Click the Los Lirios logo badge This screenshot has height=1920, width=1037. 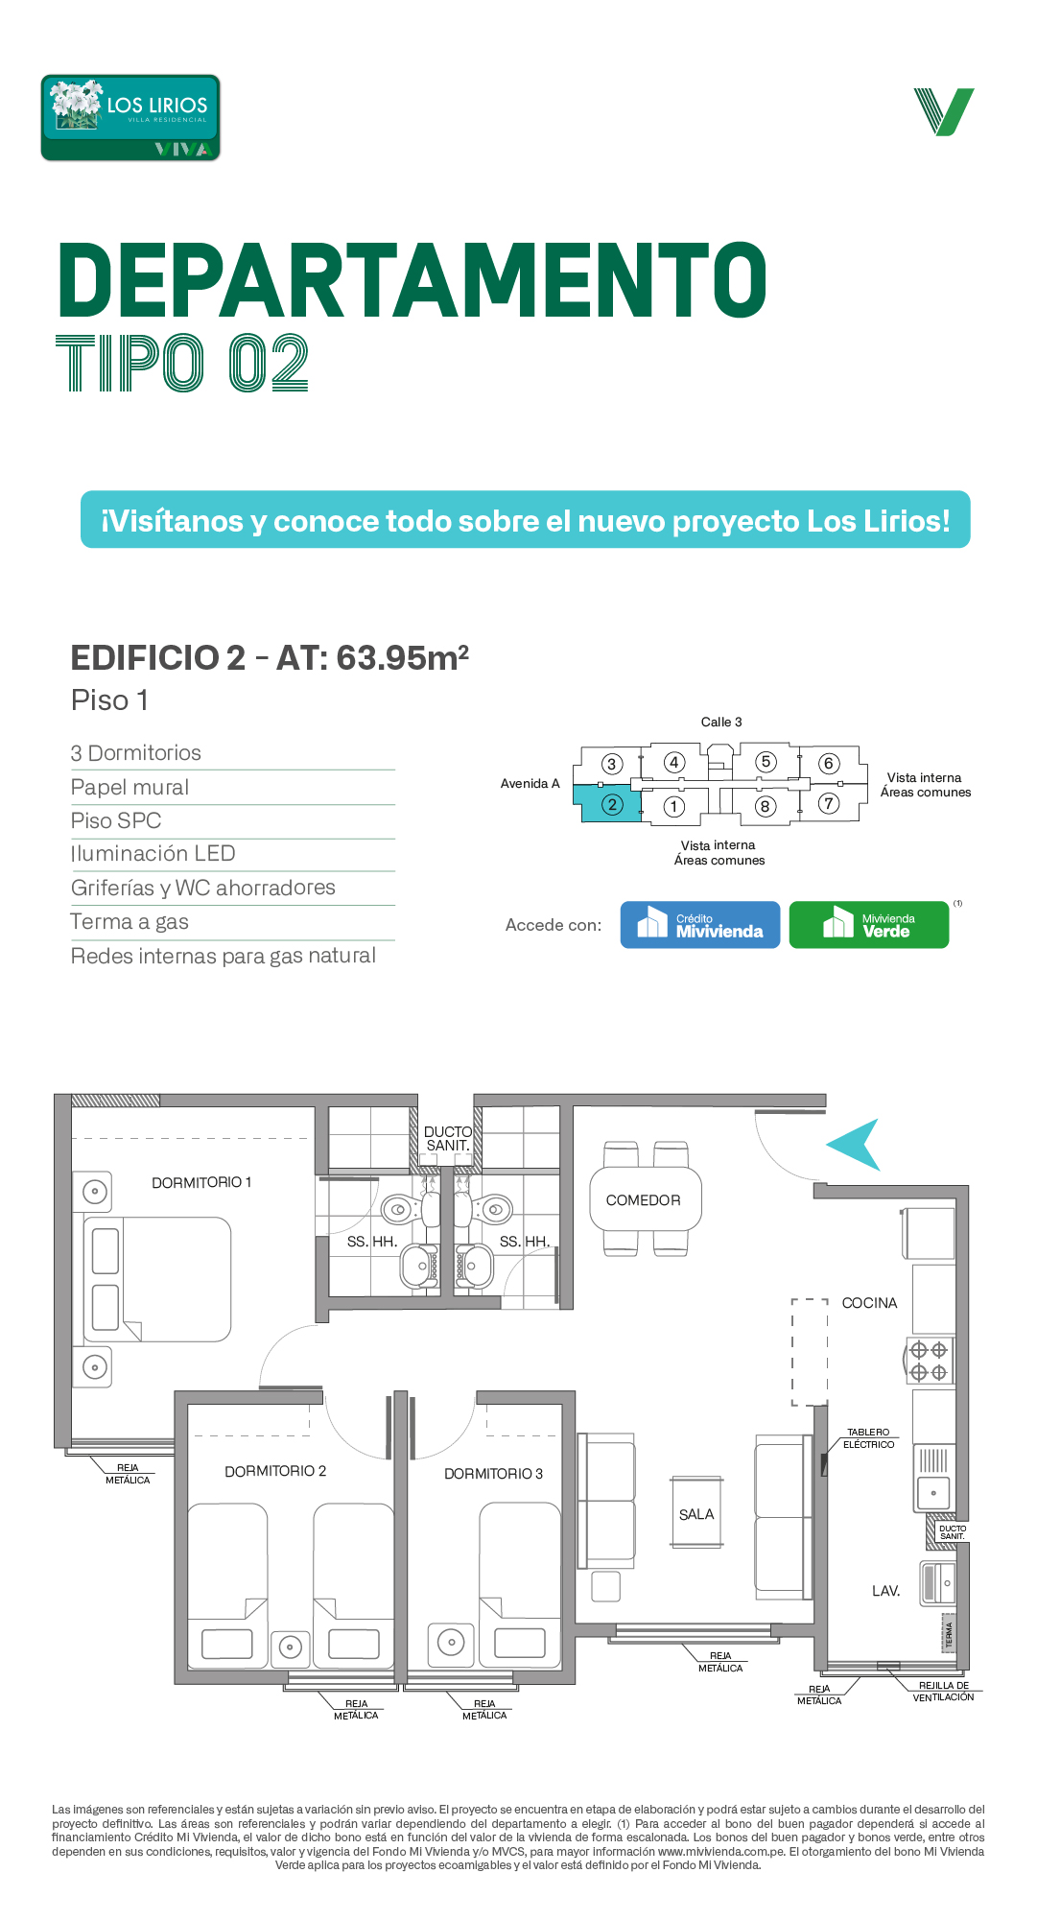coord(130,117)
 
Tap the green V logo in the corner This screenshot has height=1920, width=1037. coord(944,112)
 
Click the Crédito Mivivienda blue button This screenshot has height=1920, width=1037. coord(700,925)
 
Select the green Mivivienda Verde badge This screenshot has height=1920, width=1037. coord(869,925)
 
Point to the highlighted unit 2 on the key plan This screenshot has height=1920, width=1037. coord(608,803)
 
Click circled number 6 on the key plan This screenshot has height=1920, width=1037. coord(829,764)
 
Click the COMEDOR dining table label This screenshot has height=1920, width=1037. coord(643,1200)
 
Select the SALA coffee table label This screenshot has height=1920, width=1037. coord(696,1514)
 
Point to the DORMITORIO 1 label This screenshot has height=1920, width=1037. coord(201,1182)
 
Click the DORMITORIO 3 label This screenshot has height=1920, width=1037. coord(493,1474)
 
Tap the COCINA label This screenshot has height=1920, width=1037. coord(869,1303)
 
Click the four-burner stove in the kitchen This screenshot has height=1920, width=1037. coord(930,1361)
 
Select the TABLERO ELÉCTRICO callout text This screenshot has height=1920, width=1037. coord(868,1438)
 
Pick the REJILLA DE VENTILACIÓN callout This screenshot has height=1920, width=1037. coord(943,1692)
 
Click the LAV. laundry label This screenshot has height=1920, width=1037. coord(885,1591)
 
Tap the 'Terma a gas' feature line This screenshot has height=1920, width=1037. coord(130,922)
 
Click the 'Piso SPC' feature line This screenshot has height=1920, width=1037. coord(116,821)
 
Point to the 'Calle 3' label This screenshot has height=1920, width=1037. coord(721,722)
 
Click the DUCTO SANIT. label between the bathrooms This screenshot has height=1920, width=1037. coord(448,1139)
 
